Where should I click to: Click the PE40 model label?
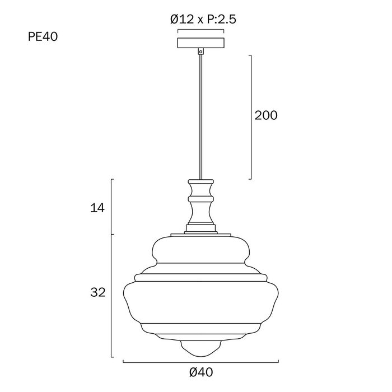coord(43,37)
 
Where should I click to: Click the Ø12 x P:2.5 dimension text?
coord(203,19)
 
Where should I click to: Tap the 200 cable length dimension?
coord(266,115)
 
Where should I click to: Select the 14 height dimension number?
coord(97,208)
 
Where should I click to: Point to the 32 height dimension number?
coord(98,292)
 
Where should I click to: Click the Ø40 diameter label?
coord(201,372)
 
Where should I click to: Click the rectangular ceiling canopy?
coord(200,43)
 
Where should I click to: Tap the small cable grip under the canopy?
coord(200,52)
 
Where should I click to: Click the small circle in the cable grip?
coord(200,52)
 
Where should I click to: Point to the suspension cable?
coord(200,117)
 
